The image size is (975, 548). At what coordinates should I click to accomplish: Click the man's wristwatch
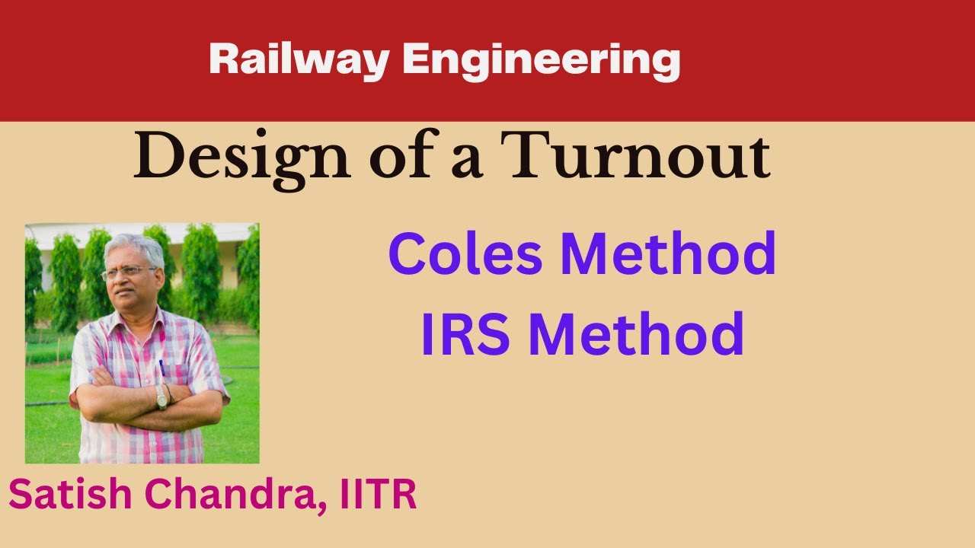coord(161,397)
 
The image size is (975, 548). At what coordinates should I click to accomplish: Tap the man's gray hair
coord(137,247)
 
